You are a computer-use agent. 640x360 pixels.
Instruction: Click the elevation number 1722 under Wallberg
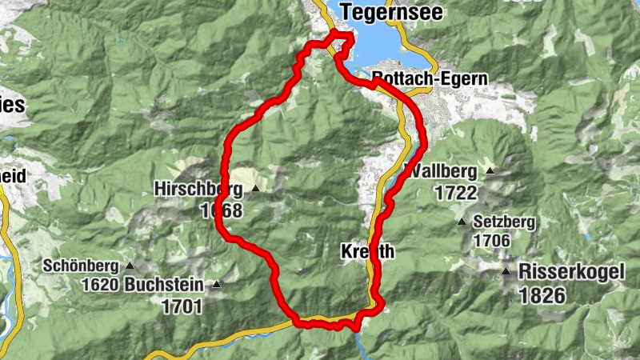pos(457,193)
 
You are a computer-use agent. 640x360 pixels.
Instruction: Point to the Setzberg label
pos(504,222)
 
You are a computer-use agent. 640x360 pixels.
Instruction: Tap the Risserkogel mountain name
pos(571,271)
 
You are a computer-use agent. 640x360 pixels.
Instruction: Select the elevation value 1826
pos(542,295)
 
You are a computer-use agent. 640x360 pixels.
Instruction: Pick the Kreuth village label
pos(368,251)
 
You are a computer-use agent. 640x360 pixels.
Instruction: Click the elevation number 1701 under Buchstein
pos(182,306)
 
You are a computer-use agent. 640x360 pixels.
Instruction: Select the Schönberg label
pos(81,266)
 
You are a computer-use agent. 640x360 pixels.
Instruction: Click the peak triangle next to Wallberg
pos(489,171)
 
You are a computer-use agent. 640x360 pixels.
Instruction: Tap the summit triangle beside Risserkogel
pos(506,272)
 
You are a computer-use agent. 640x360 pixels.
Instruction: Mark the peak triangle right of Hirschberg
pos(256,189)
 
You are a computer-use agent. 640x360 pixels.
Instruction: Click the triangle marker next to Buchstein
pos(216,284)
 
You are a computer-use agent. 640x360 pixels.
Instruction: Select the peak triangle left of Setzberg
pos(462,222)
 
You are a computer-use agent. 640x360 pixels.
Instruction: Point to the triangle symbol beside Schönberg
pos(128,266)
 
